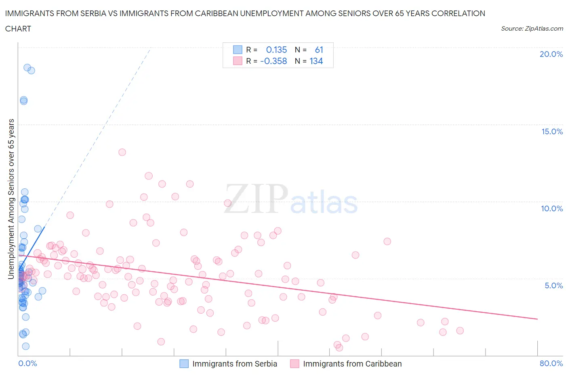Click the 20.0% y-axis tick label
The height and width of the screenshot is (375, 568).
pos(551,54)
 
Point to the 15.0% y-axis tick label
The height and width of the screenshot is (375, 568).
pos(552,131)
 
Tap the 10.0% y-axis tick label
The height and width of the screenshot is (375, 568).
pos(552,208)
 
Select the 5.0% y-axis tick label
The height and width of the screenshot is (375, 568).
pos(553,285)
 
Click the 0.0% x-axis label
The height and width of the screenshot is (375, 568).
pos(27,363)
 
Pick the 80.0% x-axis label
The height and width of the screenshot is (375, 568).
pos(551,363)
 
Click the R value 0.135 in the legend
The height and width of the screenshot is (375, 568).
pos(276,50)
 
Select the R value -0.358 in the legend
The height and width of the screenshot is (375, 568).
pos(273,61)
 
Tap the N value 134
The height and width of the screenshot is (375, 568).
pos(316,61)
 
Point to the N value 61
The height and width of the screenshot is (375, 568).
pos(319,50)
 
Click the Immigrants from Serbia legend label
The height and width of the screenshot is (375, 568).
pos(234,364)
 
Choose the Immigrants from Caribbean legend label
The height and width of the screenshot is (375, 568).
pos(352,364)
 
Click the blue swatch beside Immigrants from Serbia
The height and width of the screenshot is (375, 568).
pos(184,364)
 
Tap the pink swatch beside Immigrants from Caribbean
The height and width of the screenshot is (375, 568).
pos(295,364)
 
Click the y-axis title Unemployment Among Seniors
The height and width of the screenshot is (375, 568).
pos(11,199)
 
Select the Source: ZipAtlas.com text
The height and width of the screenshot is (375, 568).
pos(532,29)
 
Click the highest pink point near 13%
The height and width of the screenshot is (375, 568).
pos(122,152)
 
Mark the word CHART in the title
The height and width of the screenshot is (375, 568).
pos(18,29)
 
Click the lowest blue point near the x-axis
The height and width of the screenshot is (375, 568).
pos(25,346)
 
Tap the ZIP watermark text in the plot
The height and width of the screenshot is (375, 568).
pos(256,199)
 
